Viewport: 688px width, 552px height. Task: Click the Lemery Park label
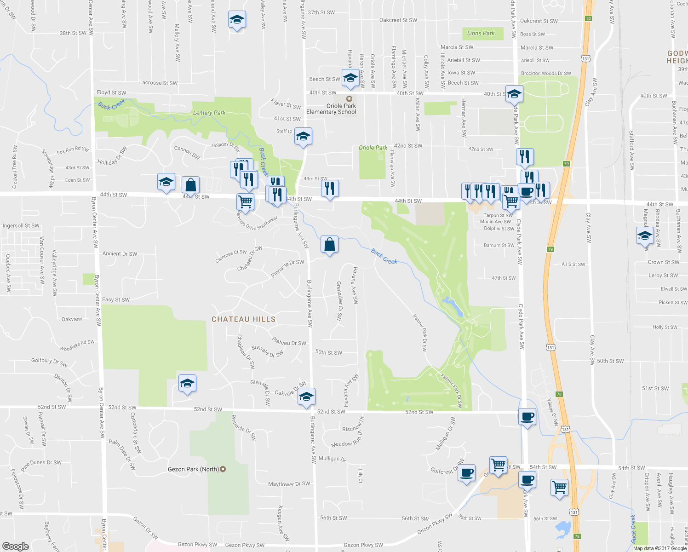pos(209,113)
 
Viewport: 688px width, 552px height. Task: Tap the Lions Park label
pos(481,33)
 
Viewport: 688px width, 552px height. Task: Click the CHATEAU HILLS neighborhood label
pos(243,319)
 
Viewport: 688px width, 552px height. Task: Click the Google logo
pos(15,546)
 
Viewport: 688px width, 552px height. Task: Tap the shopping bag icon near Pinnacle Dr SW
pos(329,244)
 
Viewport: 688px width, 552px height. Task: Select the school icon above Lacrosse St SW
pos(236,20)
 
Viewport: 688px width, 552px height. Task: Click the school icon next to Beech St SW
pos(350,77)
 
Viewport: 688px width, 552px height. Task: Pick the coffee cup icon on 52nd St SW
pos(527,417)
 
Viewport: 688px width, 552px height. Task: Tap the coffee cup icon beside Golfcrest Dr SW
pos(466,472)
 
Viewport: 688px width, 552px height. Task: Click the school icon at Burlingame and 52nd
pos(306,397)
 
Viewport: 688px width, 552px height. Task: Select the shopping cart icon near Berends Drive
pos(245,201)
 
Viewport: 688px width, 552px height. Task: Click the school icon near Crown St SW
pos(645,236)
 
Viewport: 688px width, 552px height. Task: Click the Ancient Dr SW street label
pos(120,253)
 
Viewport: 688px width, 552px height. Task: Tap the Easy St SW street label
pos(116,299)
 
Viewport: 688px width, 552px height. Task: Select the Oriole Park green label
pos(373,148)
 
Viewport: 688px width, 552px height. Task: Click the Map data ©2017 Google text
pos(659,548)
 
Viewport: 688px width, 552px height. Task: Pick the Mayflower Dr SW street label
pos(289,484)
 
